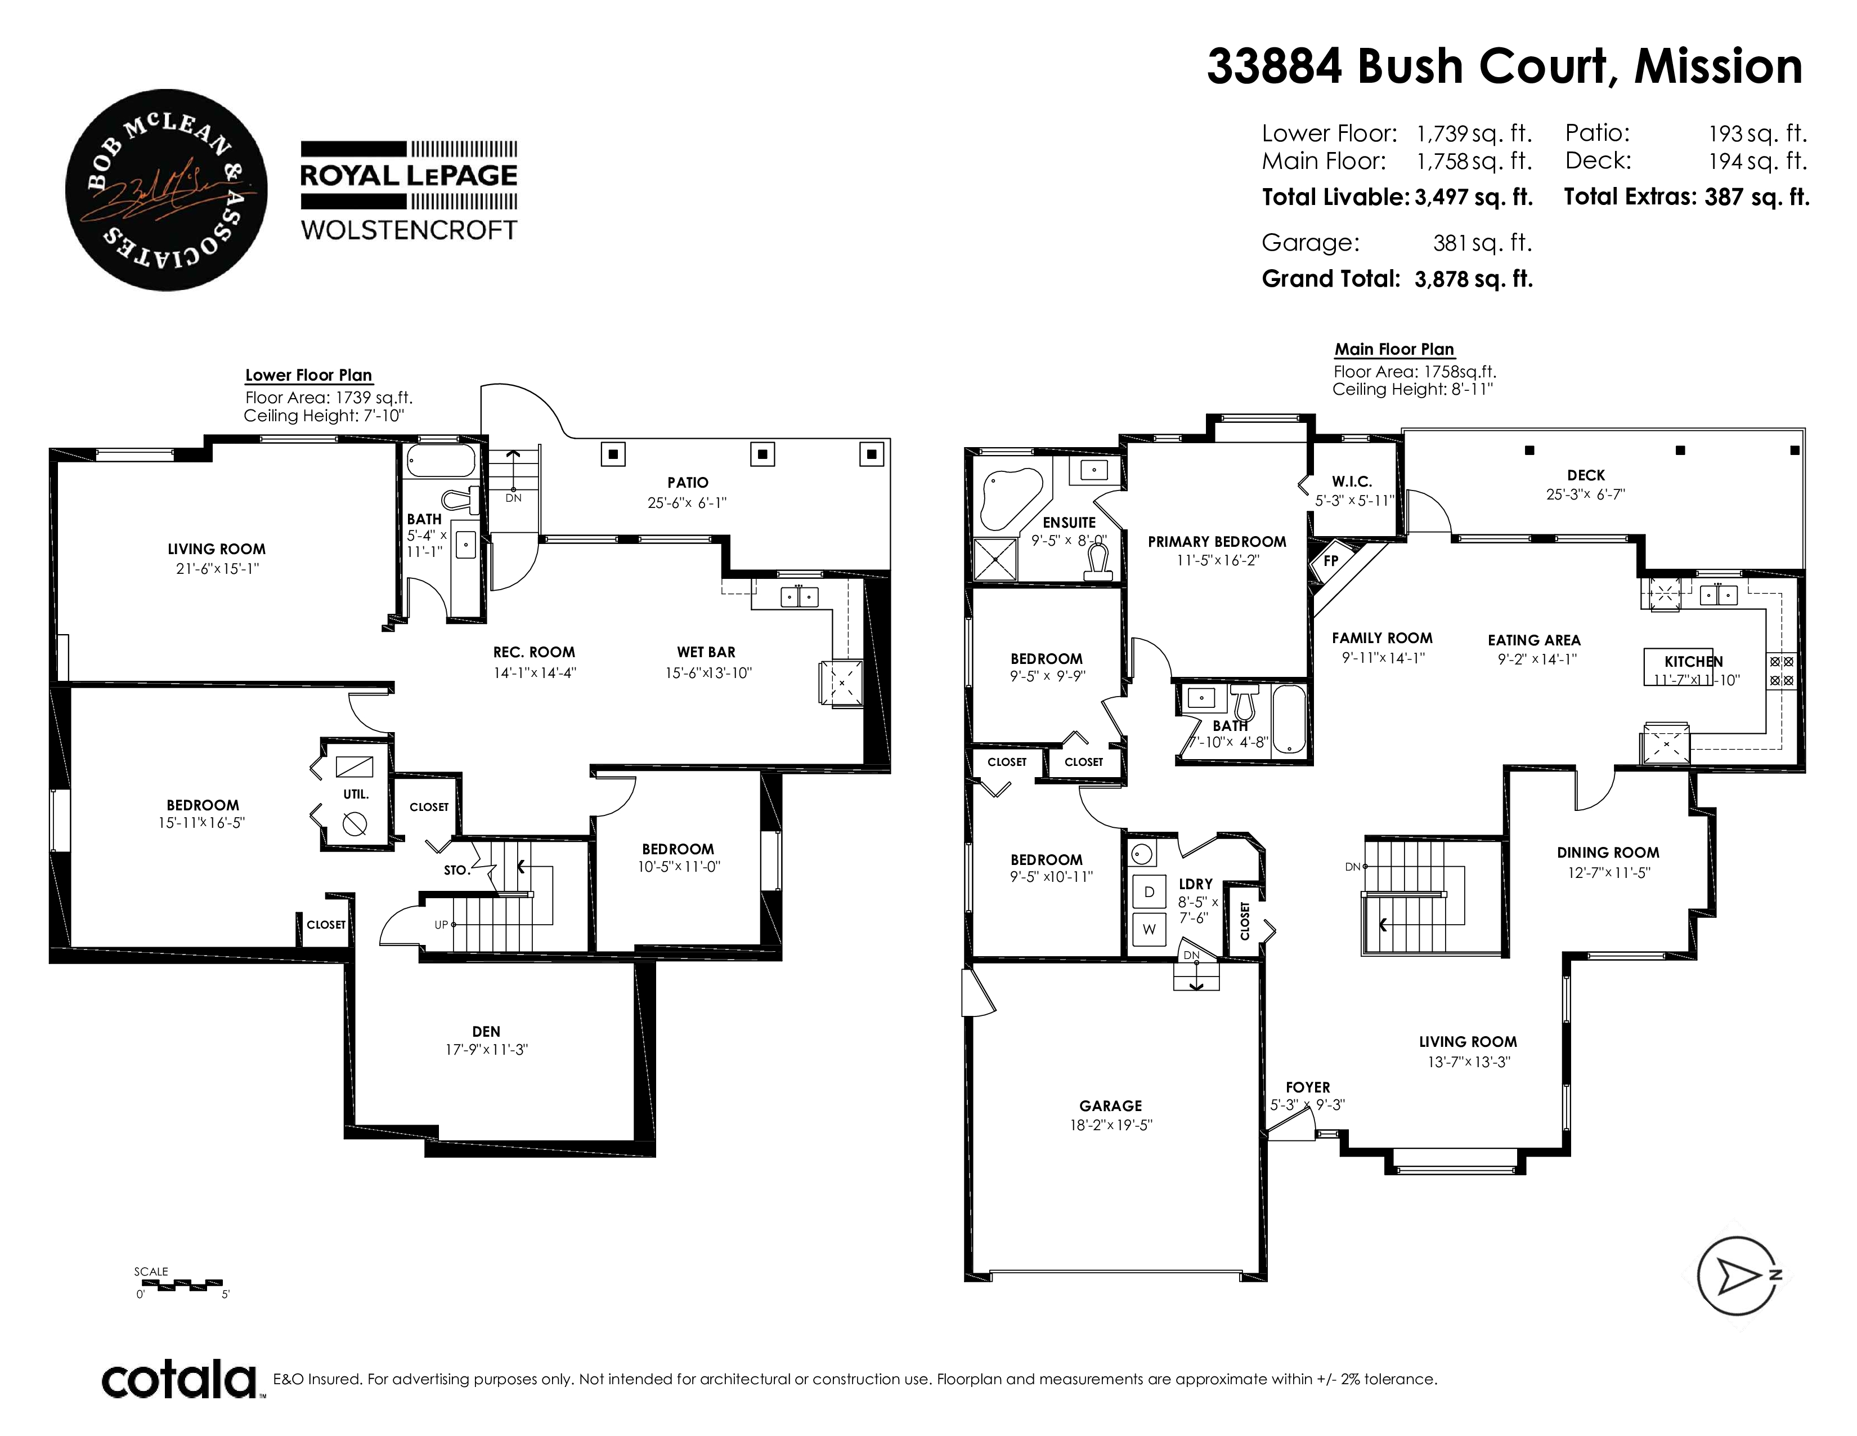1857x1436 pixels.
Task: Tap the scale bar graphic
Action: pyautogui.click(x=180, y=1283)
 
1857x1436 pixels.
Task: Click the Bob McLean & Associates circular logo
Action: pyautogui.click(x=166, y=190)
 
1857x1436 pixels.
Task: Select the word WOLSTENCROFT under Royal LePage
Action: pyautogui.click(x=409, y=230)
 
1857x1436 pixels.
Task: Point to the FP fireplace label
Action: pyautogui.click(x=1331, y=561)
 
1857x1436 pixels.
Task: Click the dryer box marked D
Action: pyautogui.click(x=1150, y=891)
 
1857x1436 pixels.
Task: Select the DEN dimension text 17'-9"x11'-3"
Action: pyautogui.click(x=486, y=1050)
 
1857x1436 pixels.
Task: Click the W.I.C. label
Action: pyautogui.click(x=1352, y=481)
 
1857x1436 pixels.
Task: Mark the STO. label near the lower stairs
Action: pyautogui.click(x=456, y=870)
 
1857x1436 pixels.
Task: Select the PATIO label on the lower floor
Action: pyautogui.click(x=688, y=483)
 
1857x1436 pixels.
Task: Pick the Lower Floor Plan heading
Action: pyautogui.click(x=308, y=375)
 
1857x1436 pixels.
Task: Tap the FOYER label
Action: pyautogui.click(x=1308, y=1087)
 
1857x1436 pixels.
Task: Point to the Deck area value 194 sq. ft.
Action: pyautogui.click(x=1757, y=161)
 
